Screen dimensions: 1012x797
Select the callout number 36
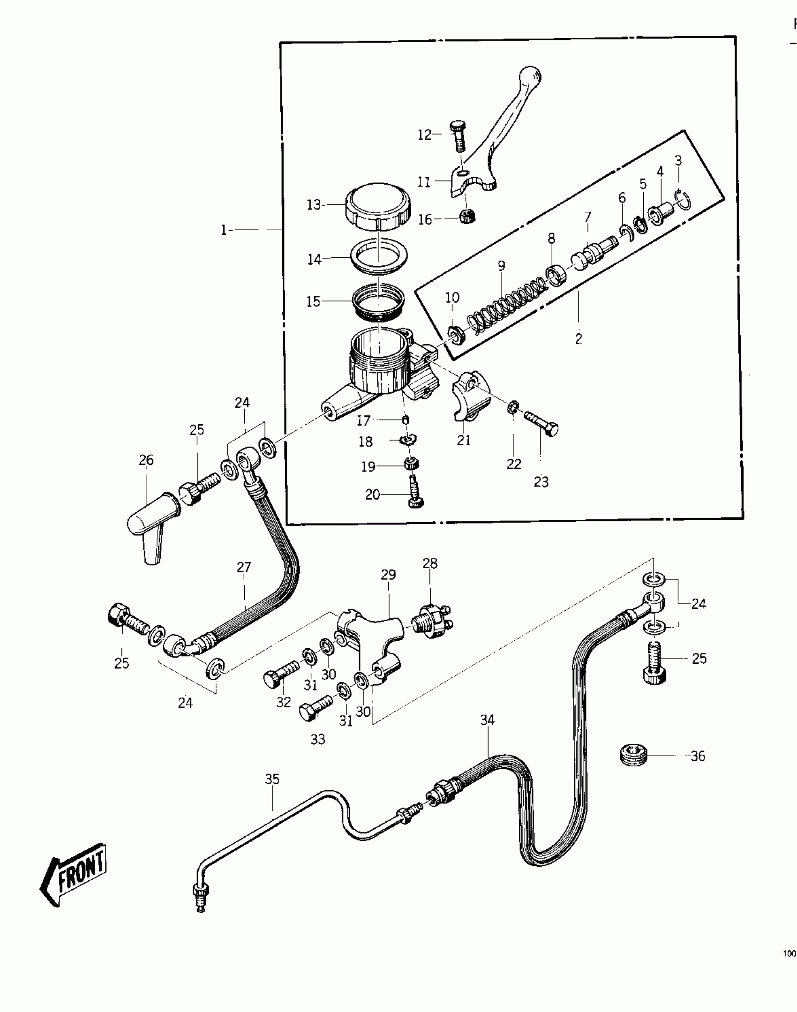point(698,756)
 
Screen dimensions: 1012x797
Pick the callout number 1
point(224,230)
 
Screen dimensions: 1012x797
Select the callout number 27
point(244,568)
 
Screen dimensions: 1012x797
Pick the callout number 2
point(579,338)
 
